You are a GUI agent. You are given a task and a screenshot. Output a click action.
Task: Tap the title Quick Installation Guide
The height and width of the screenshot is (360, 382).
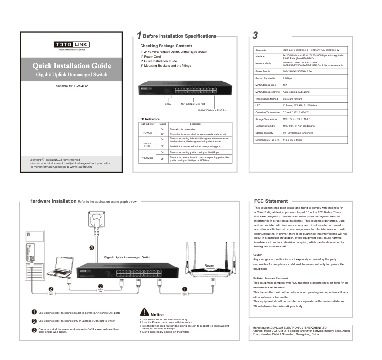click(71, 65)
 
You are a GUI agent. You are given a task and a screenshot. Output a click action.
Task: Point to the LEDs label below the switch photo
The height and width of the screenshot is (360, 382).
click(168, 104)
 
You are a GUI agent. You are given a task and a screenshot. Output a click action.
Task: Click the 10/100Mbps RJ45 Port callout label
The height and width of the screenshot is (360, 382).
click(193, 104)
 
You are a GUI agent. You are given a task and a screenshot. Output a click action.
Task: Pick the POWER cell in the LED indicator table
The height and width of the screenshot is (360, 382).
click(147, 132)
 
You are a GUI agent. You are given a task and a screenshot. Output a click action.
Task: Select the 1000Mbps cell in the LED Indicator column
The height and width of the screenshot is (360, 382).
click(147, 158)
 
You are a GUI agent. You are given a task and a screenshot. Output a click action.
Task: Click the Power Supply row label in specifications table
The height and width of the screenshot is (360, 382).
click(263, 71)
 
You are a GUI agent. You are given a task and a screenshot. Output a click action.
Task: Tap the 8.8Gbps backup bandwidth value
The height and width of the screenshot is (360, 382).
click(288, 78)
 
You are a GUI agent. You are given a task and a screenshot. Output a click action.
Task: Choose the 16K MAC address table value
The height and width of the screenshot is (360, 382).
click(285, 84)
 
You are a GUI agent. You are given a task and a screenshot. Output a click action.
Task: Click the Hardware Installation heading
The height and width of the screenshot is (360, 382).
click(52, 201)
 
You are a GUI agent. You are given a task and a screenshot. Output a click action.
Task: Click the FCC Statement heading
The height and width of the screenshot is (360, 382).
click(271, 201)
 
